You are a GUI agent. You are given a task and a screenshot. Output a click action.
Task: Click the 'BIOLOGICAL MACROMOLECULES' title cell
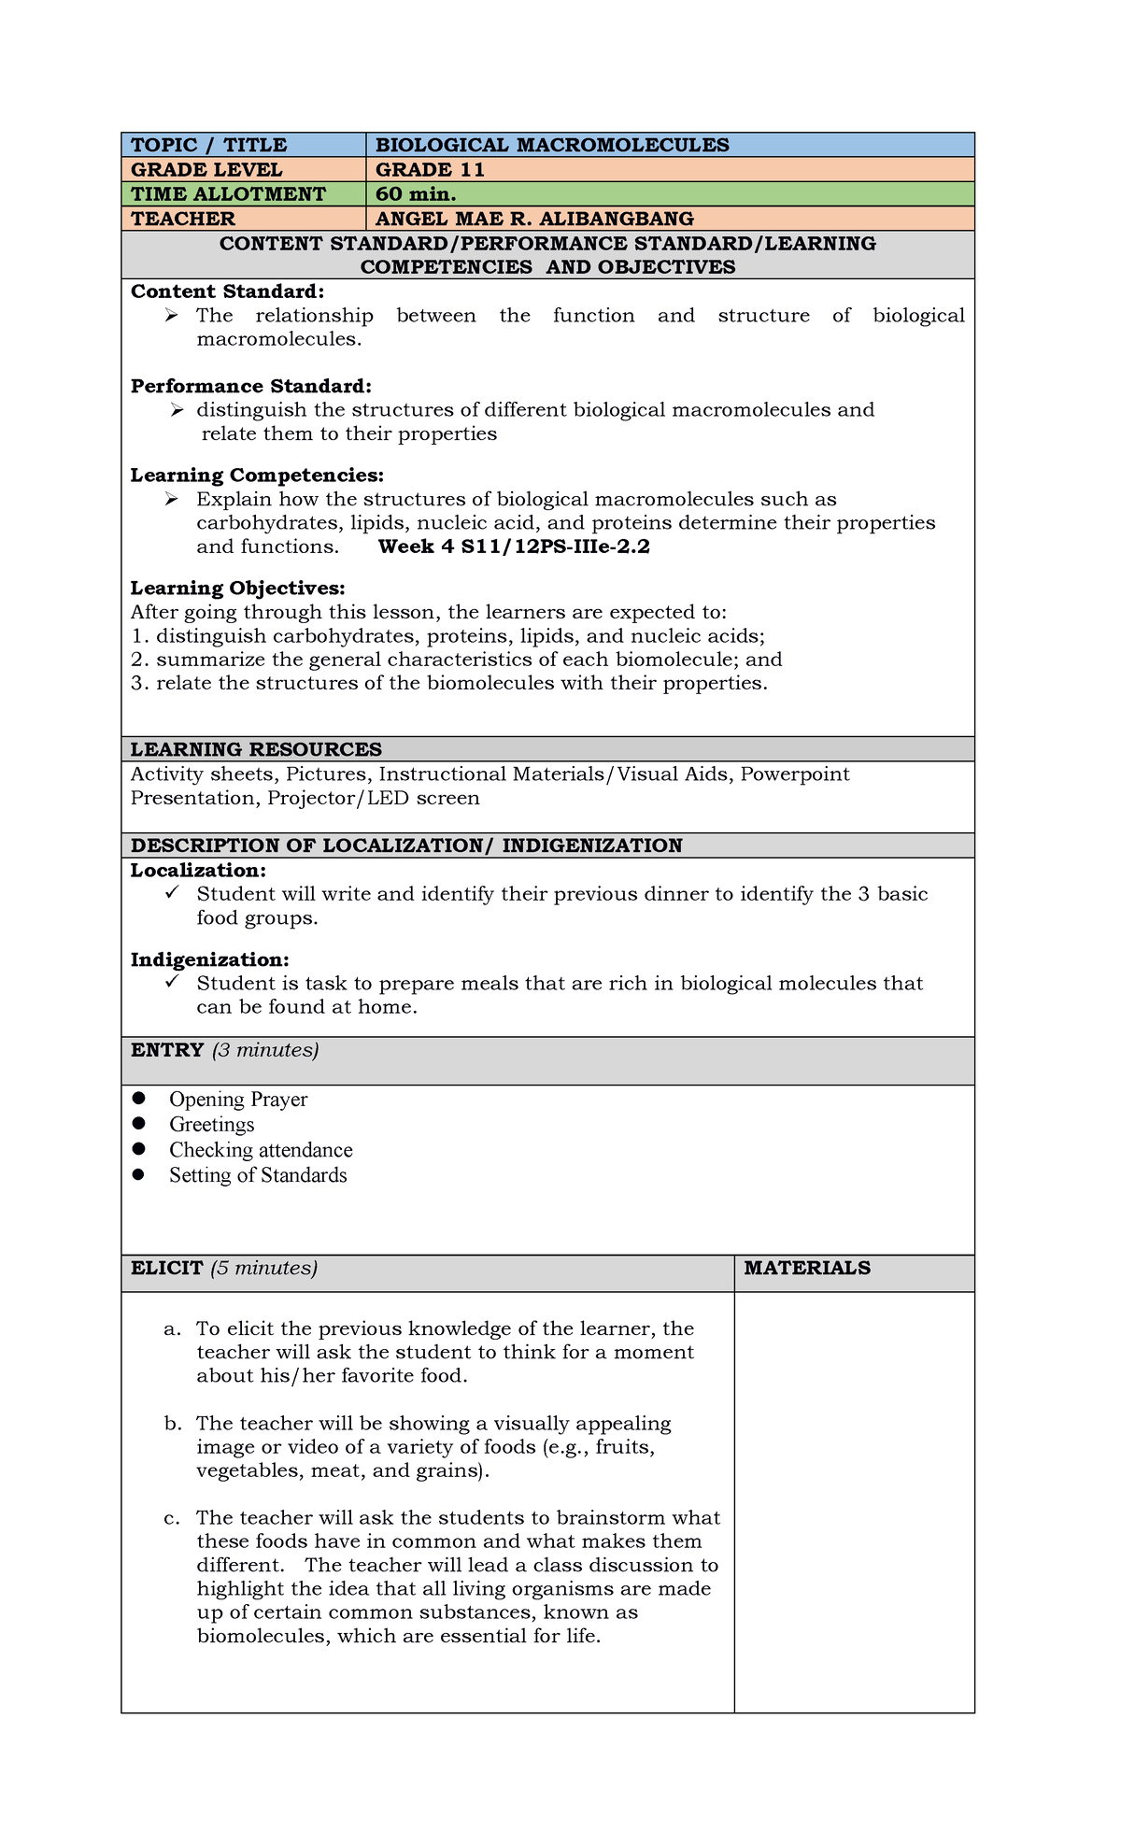pyautogui.click(x=551, y=145)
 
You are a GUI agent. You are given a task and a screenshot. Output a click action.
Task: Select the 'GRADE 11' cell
pyautogui.click(x=430, y=169)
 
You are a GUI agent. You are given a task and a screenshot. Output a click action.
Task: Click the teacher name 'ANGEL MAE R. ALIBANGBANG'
pyautogui.click(x=534, y=219)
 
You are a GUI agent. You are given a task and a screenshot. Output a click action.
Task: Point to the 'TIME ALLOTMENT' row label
pyautogui.click(x=228, y=193)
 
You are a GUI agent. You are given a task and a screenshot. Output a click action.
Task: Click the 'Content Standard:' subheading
pyautogui.click(x=227, y=291)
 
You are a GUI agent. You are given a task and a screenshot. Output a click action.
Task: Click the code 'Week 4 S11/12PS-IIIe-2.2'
pyautogui.click(x=513, y=547)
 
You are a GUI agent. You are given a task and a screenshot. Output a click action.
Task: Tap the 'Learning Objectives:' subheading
pyautogui.click(x=237, y=588)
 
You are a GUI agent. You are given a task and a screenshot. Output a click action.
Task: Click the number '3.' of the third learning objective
pyautogui.click(x=140, y=683)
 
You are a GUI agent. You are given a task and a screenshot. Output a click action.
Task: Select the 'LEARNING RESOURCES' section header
pyautogui.click(x=256, y=749)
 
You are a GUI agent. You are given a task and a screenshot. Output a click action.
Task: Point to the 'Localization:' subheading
pyautogui.click(x=198, y=870)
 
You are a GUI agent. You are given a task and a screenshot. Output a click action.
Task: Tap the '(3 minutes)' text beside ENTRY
pyautogui.click(x=265, y=1050)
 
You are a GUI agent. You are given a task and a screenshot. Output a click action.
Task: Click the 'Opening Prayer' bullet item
pyautogui.click(x=237, y=1100)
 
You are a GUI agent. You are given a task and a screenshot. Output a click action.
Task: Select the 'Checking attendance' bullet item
pyautogui.click(x=261, y=1150)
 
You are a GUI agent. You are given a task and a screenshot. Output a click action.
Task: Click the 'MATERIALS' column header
pyautogui.click(x=807, y=1268)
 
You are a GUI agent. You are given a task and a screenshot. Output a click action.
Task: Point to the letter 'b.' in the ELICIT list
pyautogui.click(x=172, y=1424)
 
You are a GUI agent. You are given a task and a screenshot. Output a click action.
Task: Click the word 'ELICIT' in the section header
pyautogui.click(x=167, y=1268)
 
